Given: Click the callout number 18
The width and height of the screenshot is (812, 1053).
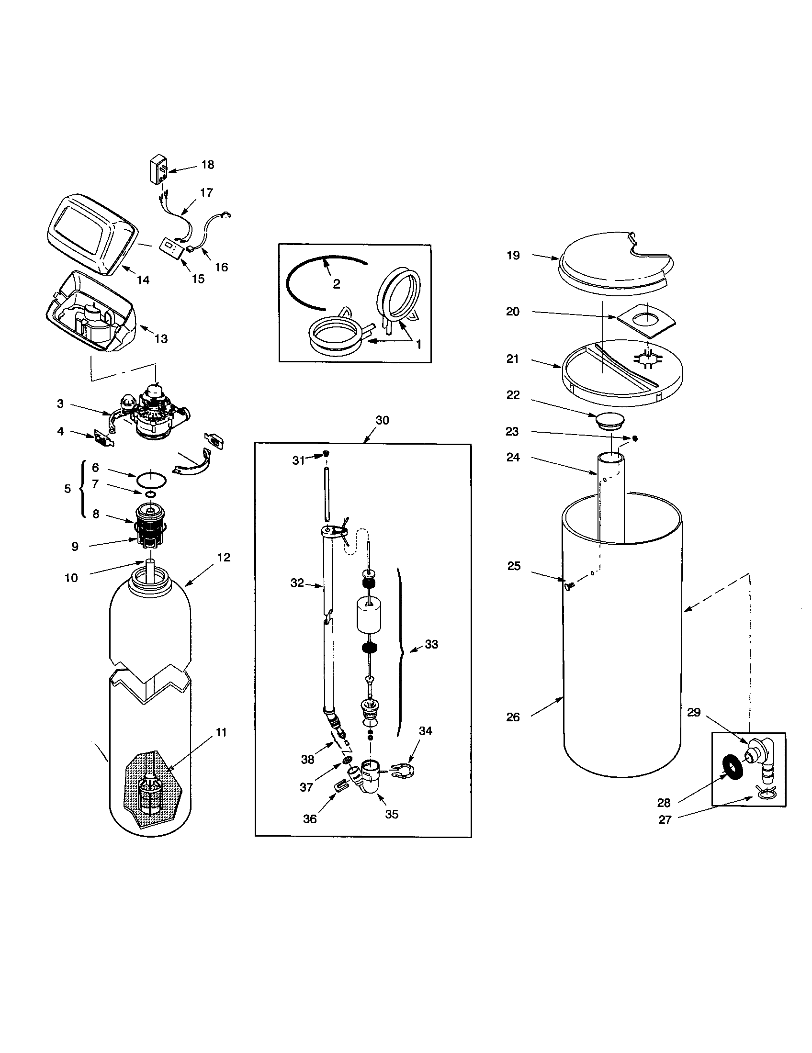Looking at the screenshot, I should (208, 165).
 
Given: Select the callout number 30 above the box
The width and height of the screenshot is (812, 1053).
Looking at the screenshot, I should (382, 420).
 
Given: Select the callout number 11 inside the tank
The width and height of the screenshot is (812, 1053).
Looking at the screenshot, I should (221, 732).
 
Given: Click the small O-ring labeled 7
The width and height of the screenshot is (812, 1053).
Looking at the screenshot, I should (150, 494).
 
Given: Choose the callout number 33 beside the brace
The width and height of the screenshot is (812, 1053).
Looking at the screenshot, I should (431, 644).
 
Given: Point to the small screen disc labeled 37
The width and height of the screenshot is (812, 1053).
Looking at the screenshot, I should (346, 761).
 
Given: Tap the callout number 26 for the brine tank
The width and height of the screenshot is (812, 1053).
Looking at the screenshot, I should (513, 717).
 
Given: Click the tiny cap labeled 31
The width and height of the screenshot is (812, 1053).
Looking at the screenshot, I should (326, 453).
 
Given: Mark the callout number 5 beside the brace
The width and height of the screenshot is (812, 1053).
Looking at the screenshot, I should (68, 489).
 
